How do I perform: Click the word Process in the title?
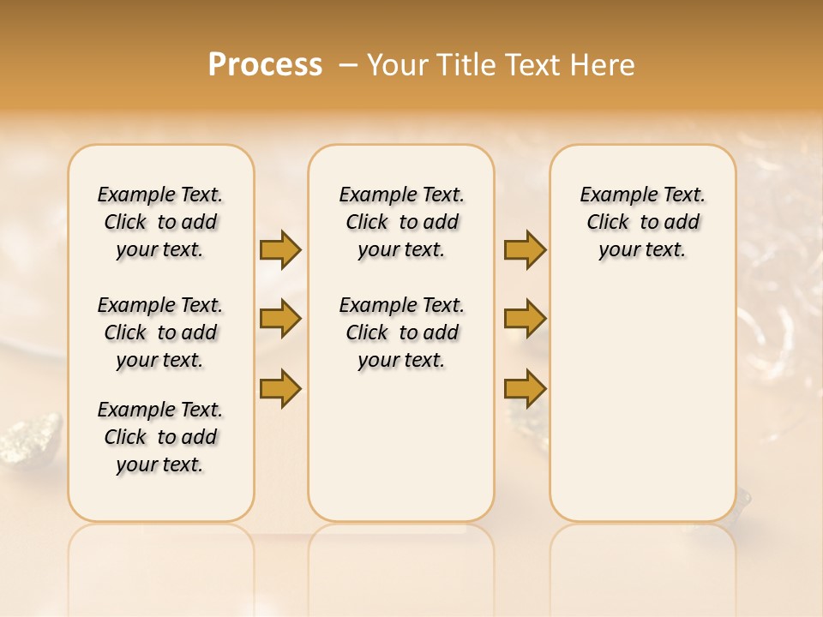pyautogui.click(x=265, y=64)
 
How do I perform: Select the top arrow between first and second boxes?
pyautogui.click(x=280, y=249)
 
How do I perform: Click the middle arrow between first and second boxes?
pyautogui.click(x=280, y=319)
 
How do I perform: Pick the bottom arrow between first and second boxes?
pyautogui.click(x=280, y=389)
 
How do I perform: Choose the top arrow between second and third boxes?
pyautogui.click(x=525, y=249)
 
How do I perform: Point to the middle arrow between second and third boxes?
pyautogui.click(x=525, y=319)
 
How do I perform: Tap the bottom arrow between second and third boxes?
pyautogui.click(x=525, y=389)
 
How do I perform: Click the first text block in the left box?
pyautogui.click(x=160, y=222)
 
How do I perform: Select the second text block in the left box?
pyautogui.click(x=160, y=332)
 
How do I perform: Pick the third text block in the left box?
pyautogui.click(x=160, y=437)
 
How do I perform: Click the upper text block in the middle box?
pyautogui.click(x=401, y=222)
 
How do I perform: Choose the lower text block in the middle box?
pyautogui.click(x=401, y=332)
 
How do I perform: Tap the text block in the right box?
pyautogui.click(x=642, y=222)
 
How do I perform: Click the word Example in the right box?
pyautogui.click(x=610, y=195)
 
